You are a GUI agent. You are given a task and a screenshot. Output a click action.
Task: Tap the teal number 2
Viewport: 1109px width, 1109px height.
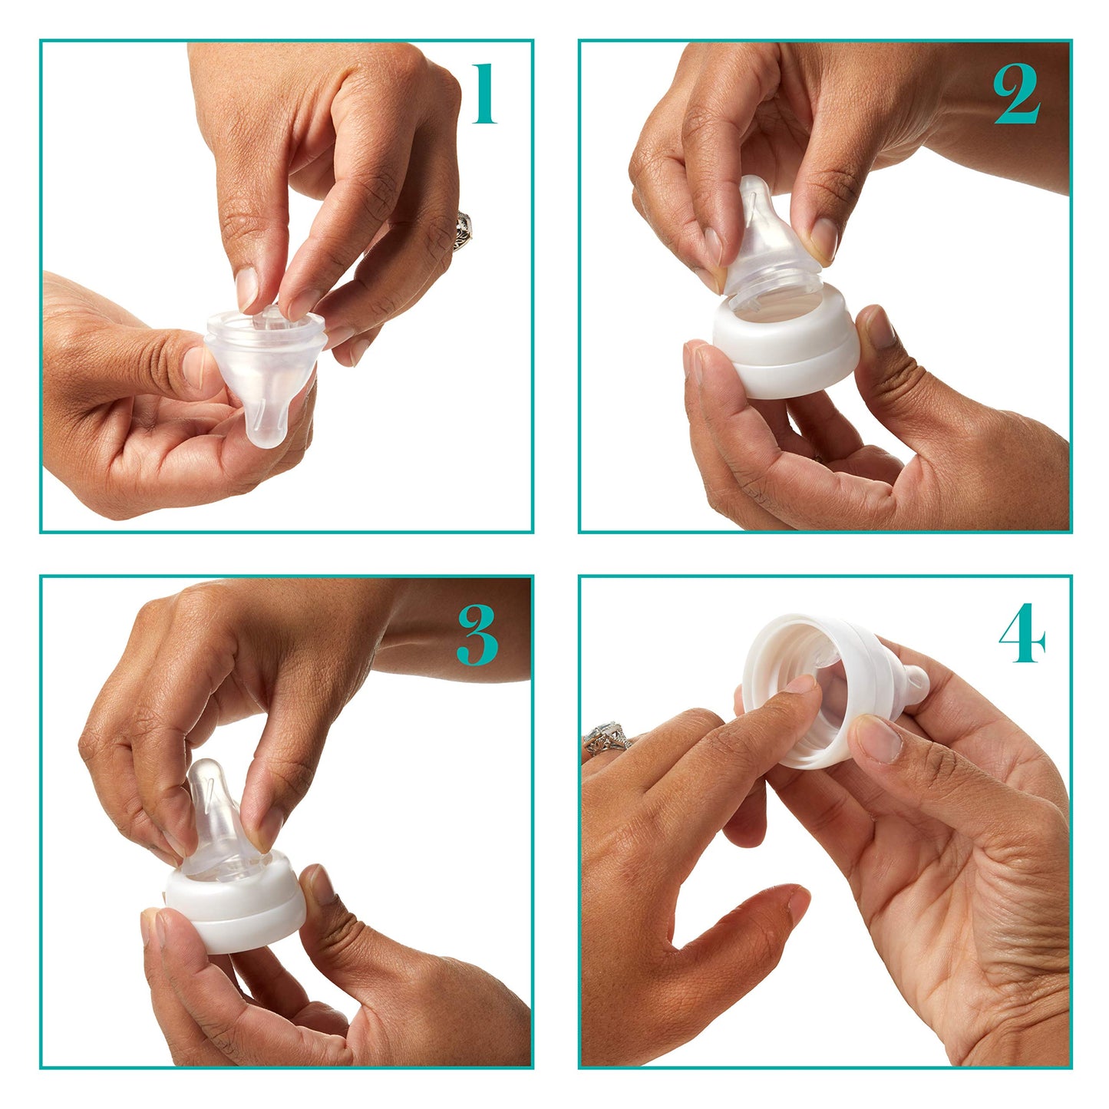click(1017, 94)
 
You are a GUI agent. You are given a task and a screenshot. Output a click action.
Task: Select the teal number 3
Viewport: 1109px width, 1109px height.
click(477, 635)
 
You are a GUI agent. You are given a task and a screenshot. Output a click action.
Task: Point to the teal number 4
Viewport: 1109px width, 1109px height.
click(1022, 633)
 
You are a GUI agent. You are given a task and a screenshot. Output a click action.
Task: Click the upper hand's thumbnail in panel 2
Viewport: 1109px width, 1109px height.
click(823, 237)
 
